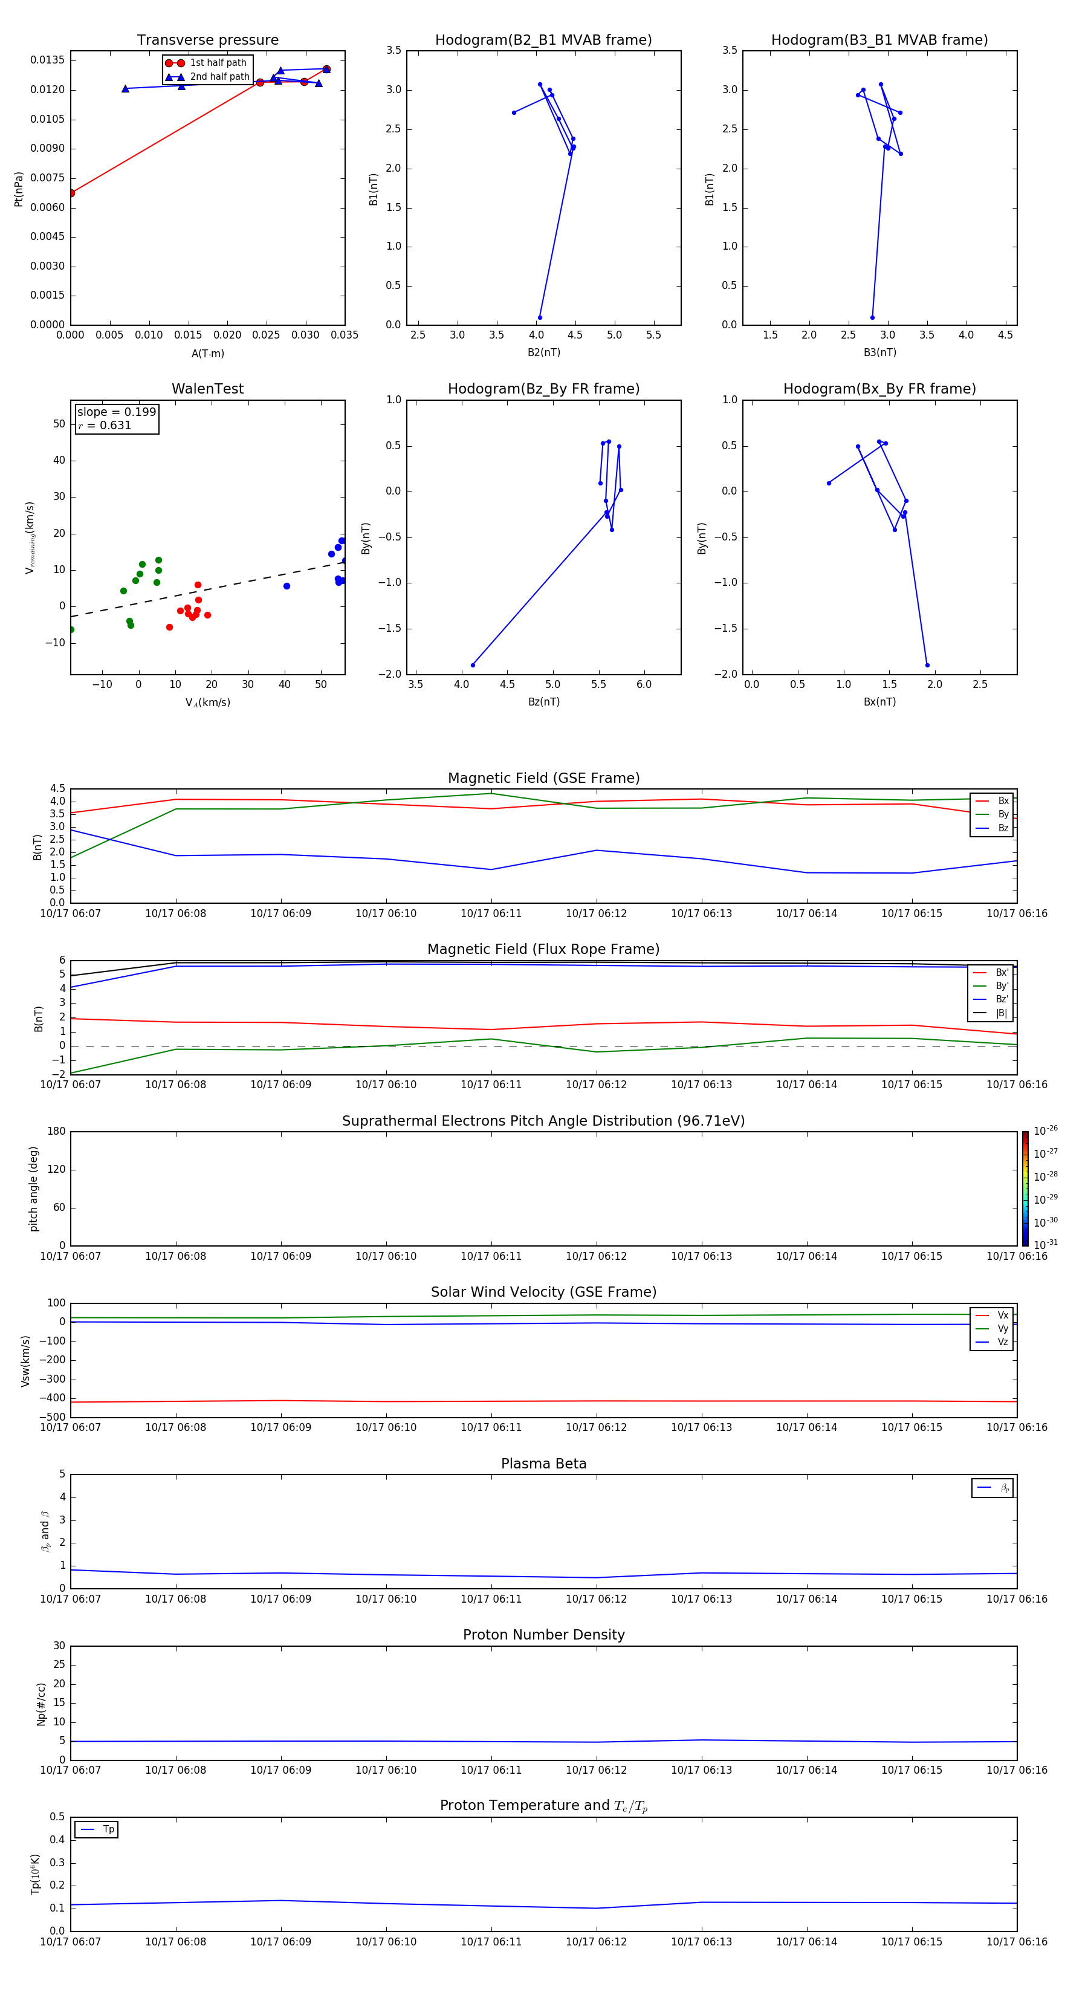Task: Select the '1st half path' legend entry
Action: [x=218, y=63]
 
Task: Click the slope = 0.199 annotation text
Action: [x=116, y=412]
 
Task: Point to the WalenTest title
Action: [x=207, y=389]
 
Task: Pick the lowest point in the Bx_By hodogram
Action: [x=927, y=665]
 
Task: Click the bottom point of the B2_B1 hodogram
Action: [x=540, y=317]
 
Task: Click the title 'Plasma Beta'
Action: [x=543, y=1464]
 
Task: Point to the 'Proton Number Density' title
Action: [x=543, y=1635]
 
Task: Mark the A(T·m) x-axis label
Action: [x=207, y=353]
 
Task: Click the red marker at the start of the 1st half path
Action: [x=71, y=193]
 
